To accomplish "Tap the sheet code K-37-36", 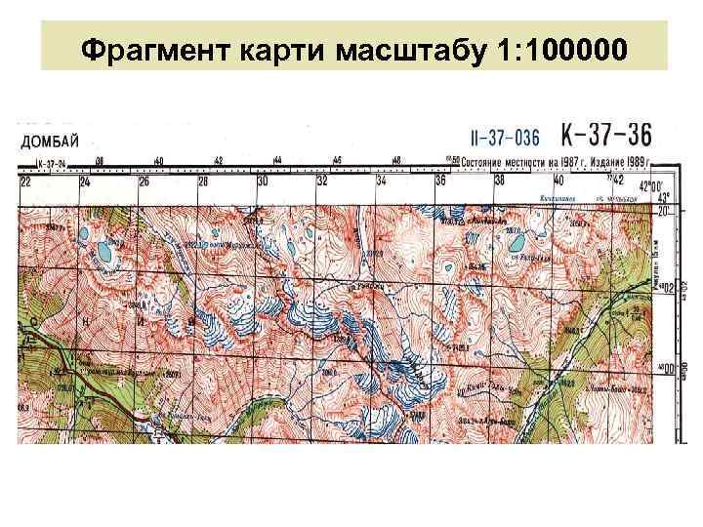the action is (606, 134).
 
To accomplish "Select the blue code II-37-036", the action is (506, 135).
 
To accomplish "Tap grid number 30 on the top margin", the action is (263, 181).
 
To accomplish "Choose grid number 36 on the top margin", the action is (440, 181).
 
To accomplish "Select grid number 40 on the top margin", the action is (558, 181).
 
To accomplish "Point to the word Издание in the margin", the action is (605, 160).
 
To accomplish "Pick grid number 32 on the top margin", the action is (322, 181).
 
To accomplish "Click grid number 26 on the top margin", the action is (144, 181).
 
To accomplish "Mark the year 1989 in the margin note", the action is (639, 160).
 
